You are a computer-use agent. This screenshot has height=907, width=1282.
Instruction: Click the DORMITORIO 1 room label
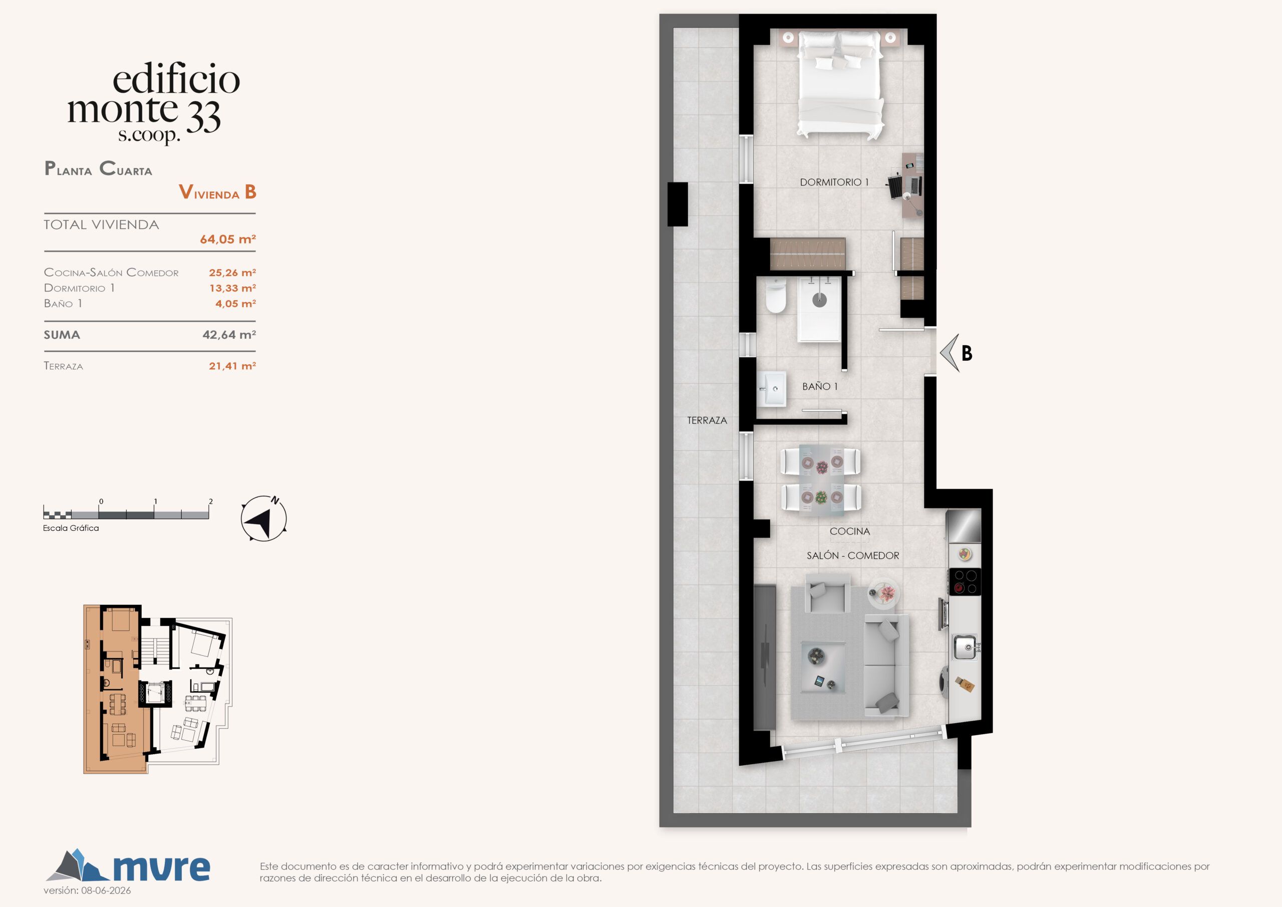(834, 182)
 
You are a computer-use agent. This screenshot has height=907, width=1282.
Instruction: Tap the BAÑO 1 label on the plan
(820, 386)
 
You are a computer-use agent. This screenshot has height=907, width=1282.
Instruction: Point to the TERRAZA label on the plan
(707, 420)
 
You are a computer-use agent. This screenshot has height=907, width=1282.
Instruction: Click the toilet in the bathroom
(776, 296)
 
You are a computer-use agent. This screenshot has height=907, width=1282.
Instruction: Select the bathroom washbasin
(772, 388)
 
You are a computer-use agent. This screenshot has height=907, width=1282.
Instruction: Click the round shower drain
(819, 300)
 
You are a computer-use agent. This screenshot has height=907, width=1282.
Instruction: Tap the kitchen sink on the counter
(965, 647)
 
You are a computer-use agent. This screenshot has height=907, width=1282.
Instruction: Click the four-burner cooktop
(966, 581)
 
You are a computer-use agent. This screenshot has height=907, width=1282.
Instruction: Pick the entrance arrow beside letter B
(949, 353)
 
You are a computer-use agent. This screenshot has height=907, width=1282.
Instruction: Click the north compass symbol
(263, 518)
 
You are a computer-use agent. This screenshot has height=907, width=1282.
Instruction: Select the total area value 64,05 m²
(228, 239)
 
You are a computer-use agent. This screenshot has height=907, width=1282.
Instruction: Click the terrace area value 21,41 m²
(232, 366)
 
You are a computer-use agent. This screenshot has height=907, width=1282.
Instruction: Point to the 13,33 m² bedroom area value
(232, 288)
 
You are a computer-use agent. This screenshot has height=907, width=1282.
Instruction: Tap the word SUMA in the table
(62, 335)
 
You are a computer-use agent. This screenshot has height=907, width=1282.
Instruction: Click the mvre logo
(128, 866)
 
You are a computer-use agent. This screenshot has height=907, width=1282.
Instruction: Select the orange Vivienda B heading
(218, 192)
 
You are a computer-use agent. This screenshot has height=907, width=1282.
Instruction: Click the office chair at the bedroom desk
(897, 186)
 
